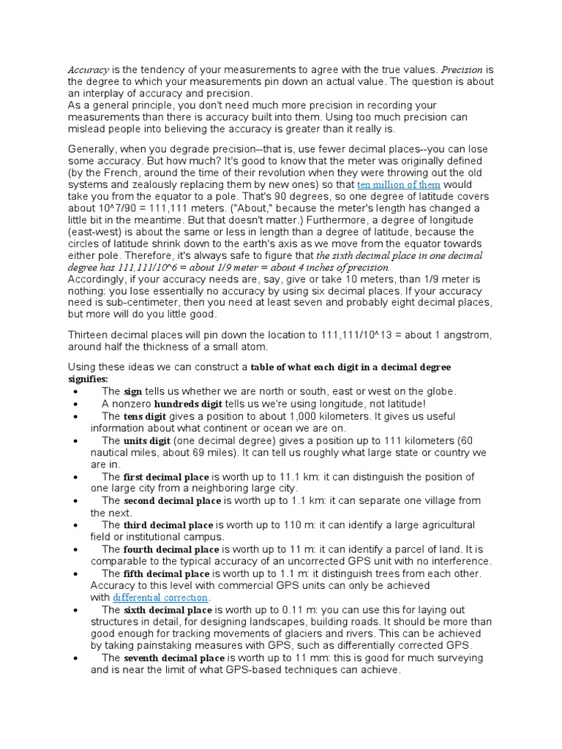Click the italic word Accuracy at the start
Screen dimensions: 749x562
89,69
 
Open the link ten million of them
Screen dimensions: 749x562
398,186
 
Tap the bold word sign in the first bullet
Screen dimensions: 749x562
132,391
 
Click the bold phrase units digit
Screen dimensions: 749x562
146,440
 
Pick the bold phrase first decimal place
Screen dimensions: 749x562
166,476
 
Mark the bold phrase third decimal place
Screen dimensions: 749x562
168,525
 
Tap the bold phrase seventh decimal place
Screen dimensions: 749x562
173,658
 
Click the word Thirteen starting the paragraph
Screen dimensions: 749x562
90,334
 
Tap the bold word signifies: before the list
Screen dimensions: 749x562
88,379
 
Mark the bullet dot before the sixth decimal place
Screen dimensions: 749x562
76,610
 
